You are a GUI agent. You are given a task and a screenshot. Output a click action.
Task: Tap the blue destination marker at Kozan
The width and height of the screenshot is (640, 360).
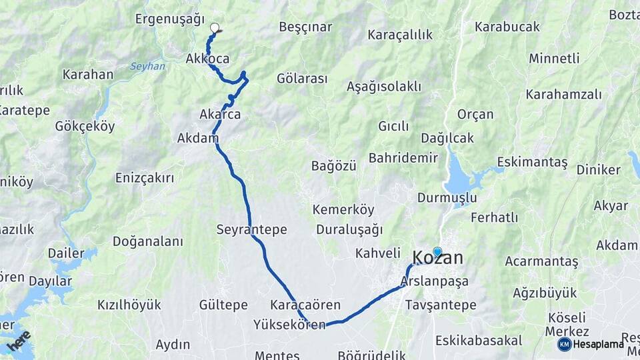tap(437, 252)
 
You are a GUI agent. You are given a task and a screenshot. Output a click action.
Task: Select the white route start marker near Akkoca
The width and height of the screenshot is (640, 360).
tap(215, 28)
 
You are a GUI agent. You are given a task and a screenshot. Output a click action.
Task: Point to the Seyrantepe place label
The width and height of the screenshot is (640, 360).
tap(251, 229)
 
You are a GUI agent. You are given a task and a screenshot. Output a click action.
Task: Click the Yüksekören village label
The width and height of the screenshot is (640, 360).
tap(289, 325)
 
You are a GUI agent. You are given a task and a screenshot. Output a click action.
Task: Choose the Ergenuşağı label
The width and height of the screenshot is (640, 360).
tap(169, 19)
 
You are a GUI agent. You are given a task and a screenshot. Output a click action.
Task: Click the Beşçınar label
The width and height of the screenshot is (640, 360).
tap(305, 27)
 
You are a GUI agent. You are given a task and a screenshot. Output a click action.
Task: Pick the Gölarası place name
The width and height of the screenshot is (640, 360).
tap(302, 79)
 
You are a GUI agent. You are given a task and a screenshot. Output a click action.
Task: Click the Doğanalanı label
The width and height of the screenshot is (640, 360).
tap(147, 241)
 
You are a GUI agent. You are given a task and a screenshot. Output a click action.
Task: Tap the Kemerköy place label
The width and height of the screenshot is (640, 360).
tap(343, 210)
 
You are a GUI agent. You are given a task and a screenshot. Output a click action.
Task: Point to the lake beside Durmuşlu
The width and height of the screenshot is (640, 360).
tap(460, 179)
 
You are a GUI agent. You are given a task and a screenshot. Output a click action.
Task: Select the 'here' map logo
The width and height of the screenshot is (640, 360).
tap(19, 340)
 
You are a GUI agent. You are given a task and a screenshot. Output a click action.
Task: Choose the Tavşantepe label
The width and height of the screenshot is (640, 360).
tap(441, 305)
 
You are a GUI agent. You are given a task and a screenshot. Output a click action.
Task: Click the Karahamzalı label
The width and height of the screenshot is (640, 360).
tap(563, 95)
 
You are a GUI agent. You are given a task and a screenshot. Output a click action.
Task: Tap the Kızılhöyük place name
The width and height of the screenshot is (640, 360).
tap(129, 305)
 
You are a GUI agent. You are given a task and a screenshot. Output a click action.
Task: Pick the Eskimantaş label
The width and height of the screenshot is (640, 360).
tap(532, 163)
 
